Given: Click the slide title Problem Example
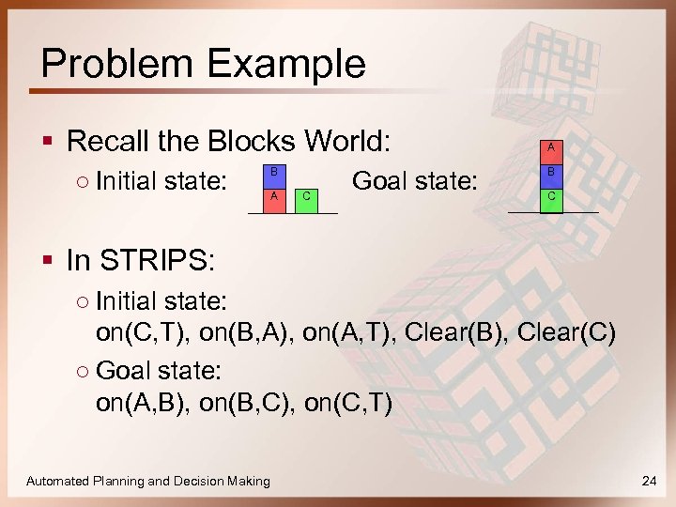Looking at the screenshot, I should pos(203,64).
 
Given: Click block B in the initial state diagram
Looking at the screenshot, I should pos(273,174).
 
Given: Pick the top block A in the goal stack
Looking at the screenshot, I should pos(550,148).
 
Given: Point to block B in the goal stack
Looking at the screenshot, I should pos(550,173).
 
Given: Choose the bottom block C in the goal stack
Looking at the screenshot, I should pos(550,198).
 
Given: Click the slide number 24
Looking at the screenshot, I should pos(647,481).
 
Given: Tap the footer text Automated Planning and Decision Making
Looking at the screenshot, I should pos(147,481).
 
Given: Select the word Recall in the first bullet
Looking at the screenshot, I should pos(106,142).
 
